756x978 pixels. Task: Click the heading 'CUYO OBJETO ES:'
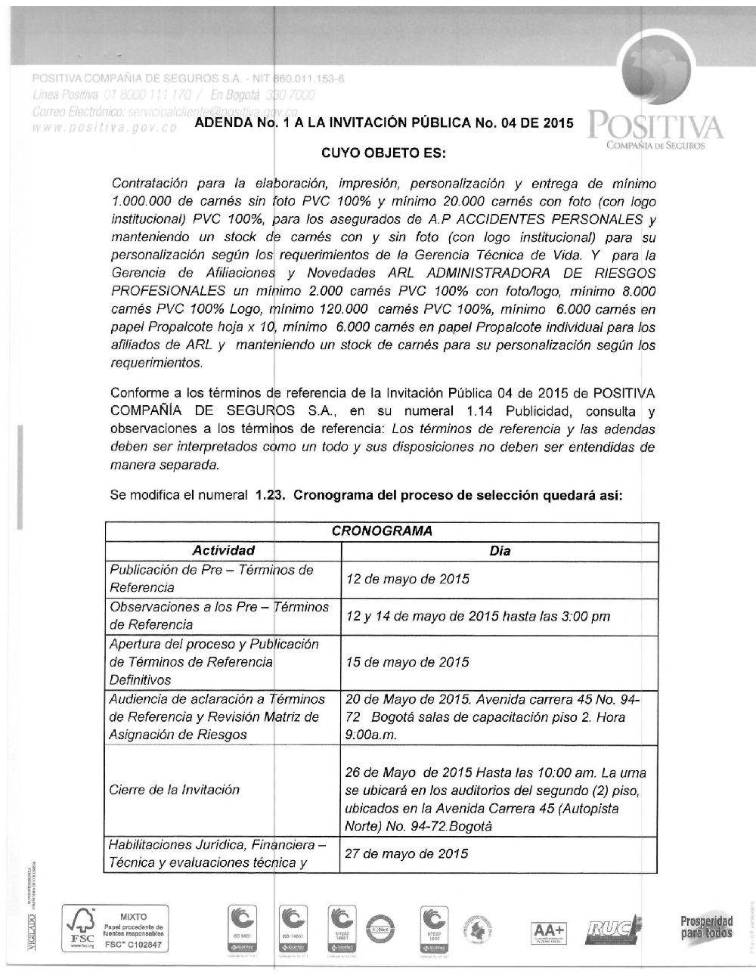tap(384, 154)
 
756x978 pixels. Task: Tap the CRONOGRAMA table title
tap(382, 531)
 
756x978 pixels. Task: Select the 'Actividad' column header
tap(223, 550)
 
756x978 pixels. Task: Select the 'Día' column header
tap(500, 551)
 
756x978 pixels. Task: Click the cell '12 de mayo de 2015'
tap(407, 579)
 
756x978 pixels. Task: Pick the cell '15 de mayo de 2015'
tap(407, 662)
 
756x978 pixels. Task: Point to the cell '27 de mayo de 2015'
tap(407, 853)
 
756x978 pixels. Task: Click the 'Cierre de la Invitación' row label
tap(175, 790)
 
